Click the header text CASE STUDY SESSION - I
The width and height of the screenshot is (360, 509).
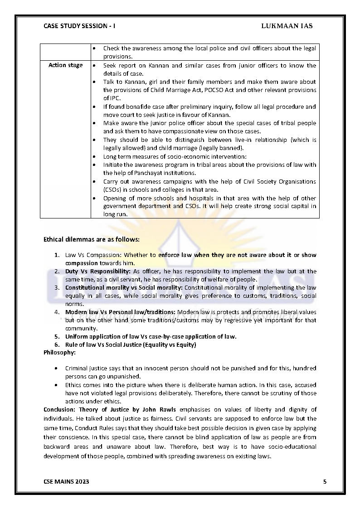click(x=79, y=26)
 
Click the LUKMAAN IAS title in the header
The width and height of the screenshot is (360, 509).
click(x=287, y=26)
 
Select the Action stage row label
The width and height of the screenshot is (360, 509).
click(x=65, y=65)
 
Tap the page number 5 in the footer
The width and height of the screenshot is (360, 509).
click(x=325, y=481)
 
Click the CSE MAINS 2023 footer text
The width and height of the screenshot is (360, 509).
click(x=66, y=481)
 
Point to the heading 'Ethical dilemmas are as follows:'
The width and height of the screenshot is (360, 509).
click(x=92, y=239)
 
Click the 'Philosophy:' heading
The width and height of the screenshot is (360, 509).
click(x=59, y=352)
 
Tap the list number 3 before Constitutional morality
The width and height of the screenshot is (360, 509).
click(x=57, y=287)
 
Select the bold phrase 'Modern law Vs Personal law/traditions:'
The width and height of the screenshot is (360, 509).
click(x=120, y=312)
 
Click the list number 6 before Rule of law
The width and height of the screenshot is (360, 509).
click(x=57, y=344)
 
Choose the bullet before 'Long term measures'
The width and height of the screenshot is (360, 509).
click(x=94, y=156)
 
